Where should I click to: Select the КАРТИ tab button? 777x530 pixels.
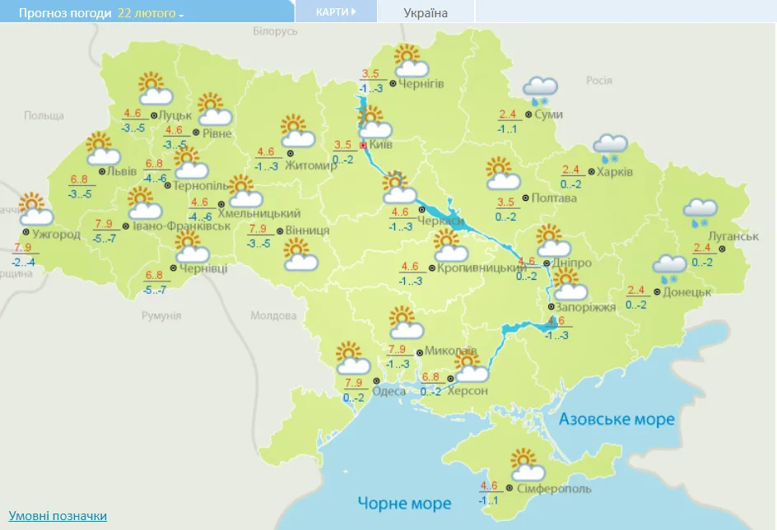point(336,12)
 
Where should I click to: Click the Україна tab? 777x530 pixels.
point(426,13)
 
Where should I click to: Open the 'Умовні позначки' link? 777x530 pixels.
point(58,516)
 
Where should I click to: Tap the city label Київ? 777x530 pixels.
point(380,145)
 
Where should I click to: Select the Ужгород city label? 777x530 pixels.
point(56,235)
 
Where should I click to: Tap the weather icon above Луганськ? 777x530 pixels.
point(700,212)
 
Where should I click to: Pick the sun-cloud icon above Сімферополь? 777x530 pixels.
point(526,465)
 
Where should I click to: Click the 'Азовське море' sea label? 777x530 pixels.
point(616,420)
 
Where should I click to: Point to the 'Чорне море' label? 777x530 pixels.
point(404,503)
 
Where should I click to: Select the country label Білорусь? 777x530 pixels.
point(275,31)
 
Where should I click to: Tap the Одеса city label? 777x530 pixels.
point(388,391)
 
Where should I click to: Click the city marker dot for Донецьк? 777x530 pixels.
point(657,292)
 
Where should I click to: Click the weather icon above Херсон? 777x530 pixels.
point(467,365)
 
